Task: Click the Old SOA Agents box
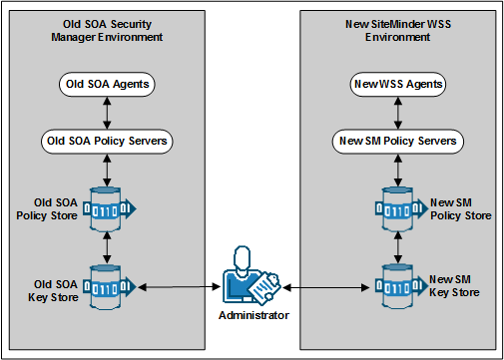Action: [x=107, y=84]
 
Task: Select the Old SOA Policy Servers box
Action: [x=107, y=141]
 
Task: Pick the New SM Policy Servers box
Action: [x=397, y=141]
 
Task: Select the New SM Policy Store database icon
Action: [x=398, y=207]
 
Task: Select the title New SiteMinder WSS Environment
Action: [x=397, y=29]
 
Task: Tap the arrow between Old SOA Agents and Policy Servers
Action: [x=107, y=112]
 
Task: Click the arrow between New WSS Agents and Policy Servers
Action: [x=396, y=112]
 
